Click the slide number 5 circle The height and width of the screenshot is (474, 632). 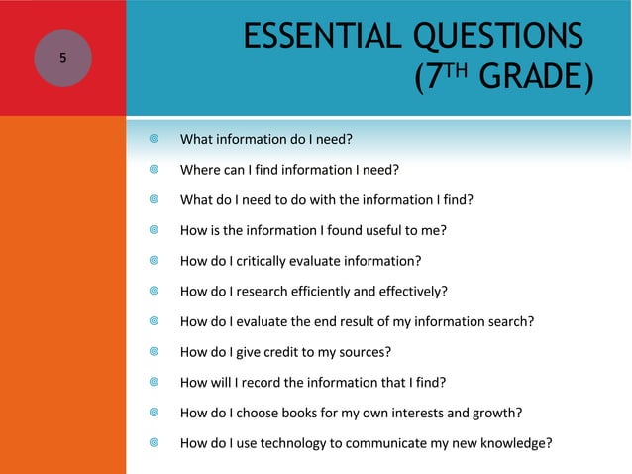62,58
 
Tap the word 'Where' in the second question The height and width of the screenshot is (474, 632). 198,169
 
